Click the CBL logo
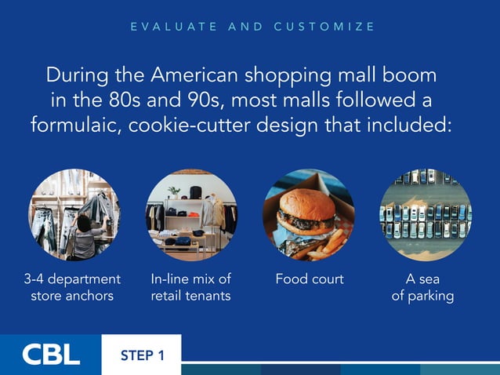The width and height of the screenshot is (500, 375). pos(51,355)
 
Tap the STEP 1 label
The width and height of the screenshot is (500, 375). pos(142,355)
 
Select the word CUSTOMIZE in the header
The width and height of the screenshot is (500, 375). pos(324,27)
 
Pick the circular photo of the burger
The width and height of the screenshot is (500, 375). pos(308,215)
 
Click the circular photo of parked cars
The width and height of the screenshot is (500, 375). pos(425,215)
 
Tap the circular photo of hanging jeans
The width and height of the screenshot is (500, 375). pos(74,215)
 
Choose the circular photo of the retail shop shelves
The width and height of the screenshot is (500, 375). pos(191,215)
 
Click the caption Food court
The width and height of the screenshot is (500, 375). pos(309,279)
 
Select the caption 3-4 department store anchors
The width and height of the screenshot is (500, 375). pos(72,287)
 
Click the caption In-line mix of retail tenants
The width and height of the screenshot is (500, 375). pos(190,287)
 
